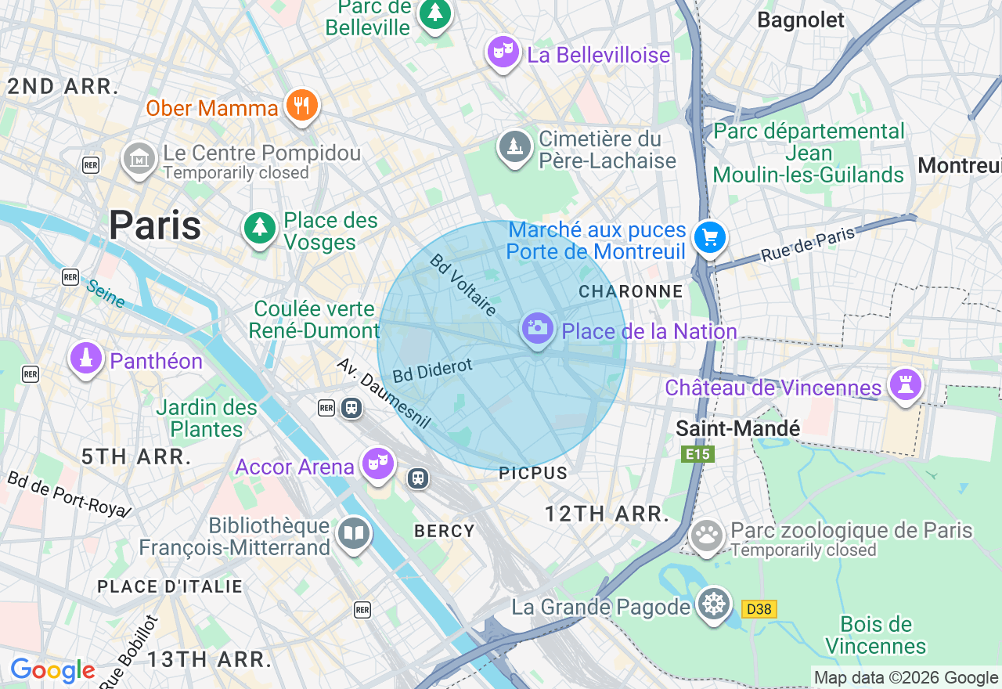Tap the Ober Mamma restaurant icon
click(301, 105)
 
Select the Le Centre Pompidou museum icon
click(139, 159)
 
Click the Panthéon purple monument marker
click(86, 359)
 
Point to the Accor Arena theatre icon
click(378, 464)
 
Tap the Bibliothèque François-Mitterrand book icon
click(353, 534)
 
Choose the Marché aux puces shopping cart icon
click(710, 237)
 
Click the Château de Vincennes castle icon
click(906, 385)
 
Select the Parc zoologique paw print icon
click(707, 536)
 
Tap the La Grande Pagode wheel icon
click(714, 605)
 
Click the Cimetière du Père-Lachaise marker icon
click(515, 146)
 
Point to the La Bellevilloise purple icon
click(503, 52)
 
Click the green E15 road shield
click(697, 454)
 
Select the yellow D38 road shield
click(759, 608)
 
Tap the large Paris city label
click(155, 225)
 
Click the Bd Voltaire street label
click(463, 284)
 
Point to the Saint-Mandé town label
click(737, 428)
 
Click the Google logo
click(52, 670)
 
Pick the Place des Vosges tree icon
click(259, 229)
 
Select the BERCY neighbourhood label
click(444, 531)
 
